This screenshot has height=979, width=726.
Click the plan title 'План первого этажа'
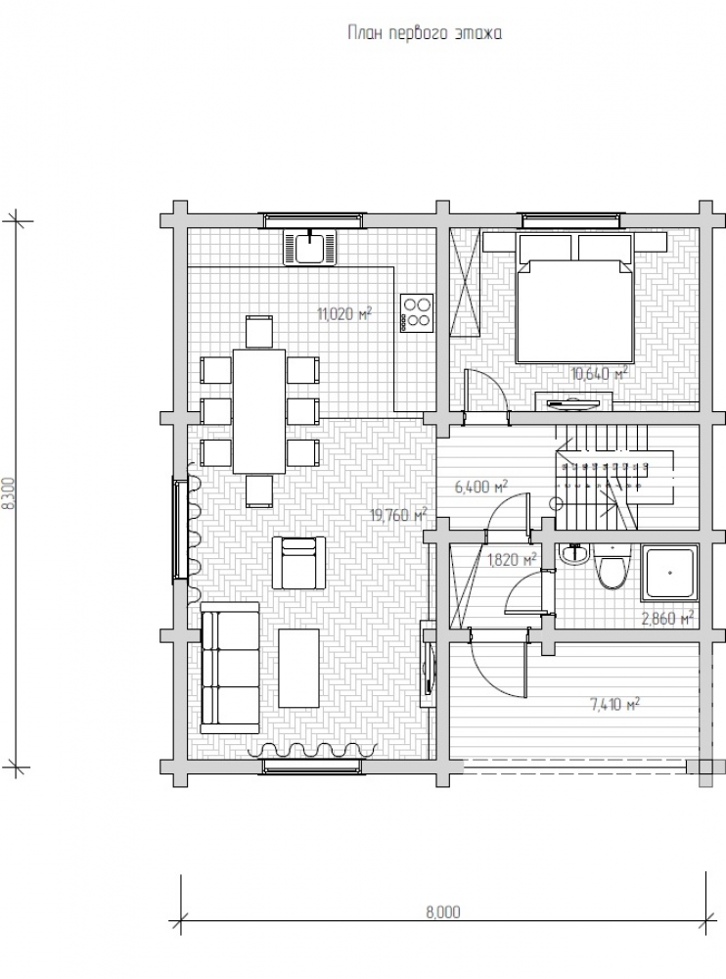click(425, 33)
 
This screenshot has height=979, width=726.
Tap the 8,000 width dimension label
click(442, 912)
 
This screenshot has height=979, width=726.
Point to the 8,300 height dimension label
click(7, 494)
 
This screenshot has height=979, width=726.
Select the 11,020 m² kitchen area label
click(344, 313)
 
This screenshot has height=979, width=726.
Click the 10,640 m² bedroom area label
click(599, 373)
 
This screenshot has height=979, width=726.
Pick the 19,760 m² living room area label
click(398, 515)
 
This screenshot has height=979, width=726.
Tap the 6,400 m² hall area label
click(480, 487)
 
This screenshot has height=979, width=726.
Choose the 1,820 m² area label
click(512, 559)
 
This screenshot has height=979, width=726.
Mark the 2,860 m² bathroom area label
click(667, 618)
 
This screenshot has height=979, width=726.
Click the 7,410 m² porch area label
click(614, 705)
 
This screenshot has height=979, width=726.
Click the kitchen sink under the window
click(309, 247)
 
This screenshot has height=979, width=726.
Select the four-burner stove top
click(417, 312)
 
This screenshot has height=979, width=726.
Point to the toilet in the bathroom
click(611, 567)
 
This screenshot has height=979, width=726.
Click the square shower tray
click(670, 573)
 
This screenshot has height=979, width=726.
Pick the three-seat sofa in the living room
click(230, 668)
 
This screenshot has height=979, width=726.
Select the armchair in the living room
click(298, 563)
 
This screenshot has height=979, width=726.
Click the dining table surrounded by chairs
click(259, 410)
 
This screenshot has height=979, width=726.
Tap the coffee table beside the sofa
click(299, 668)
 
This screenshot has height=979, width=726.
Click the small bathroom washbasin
click(573, 553)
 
